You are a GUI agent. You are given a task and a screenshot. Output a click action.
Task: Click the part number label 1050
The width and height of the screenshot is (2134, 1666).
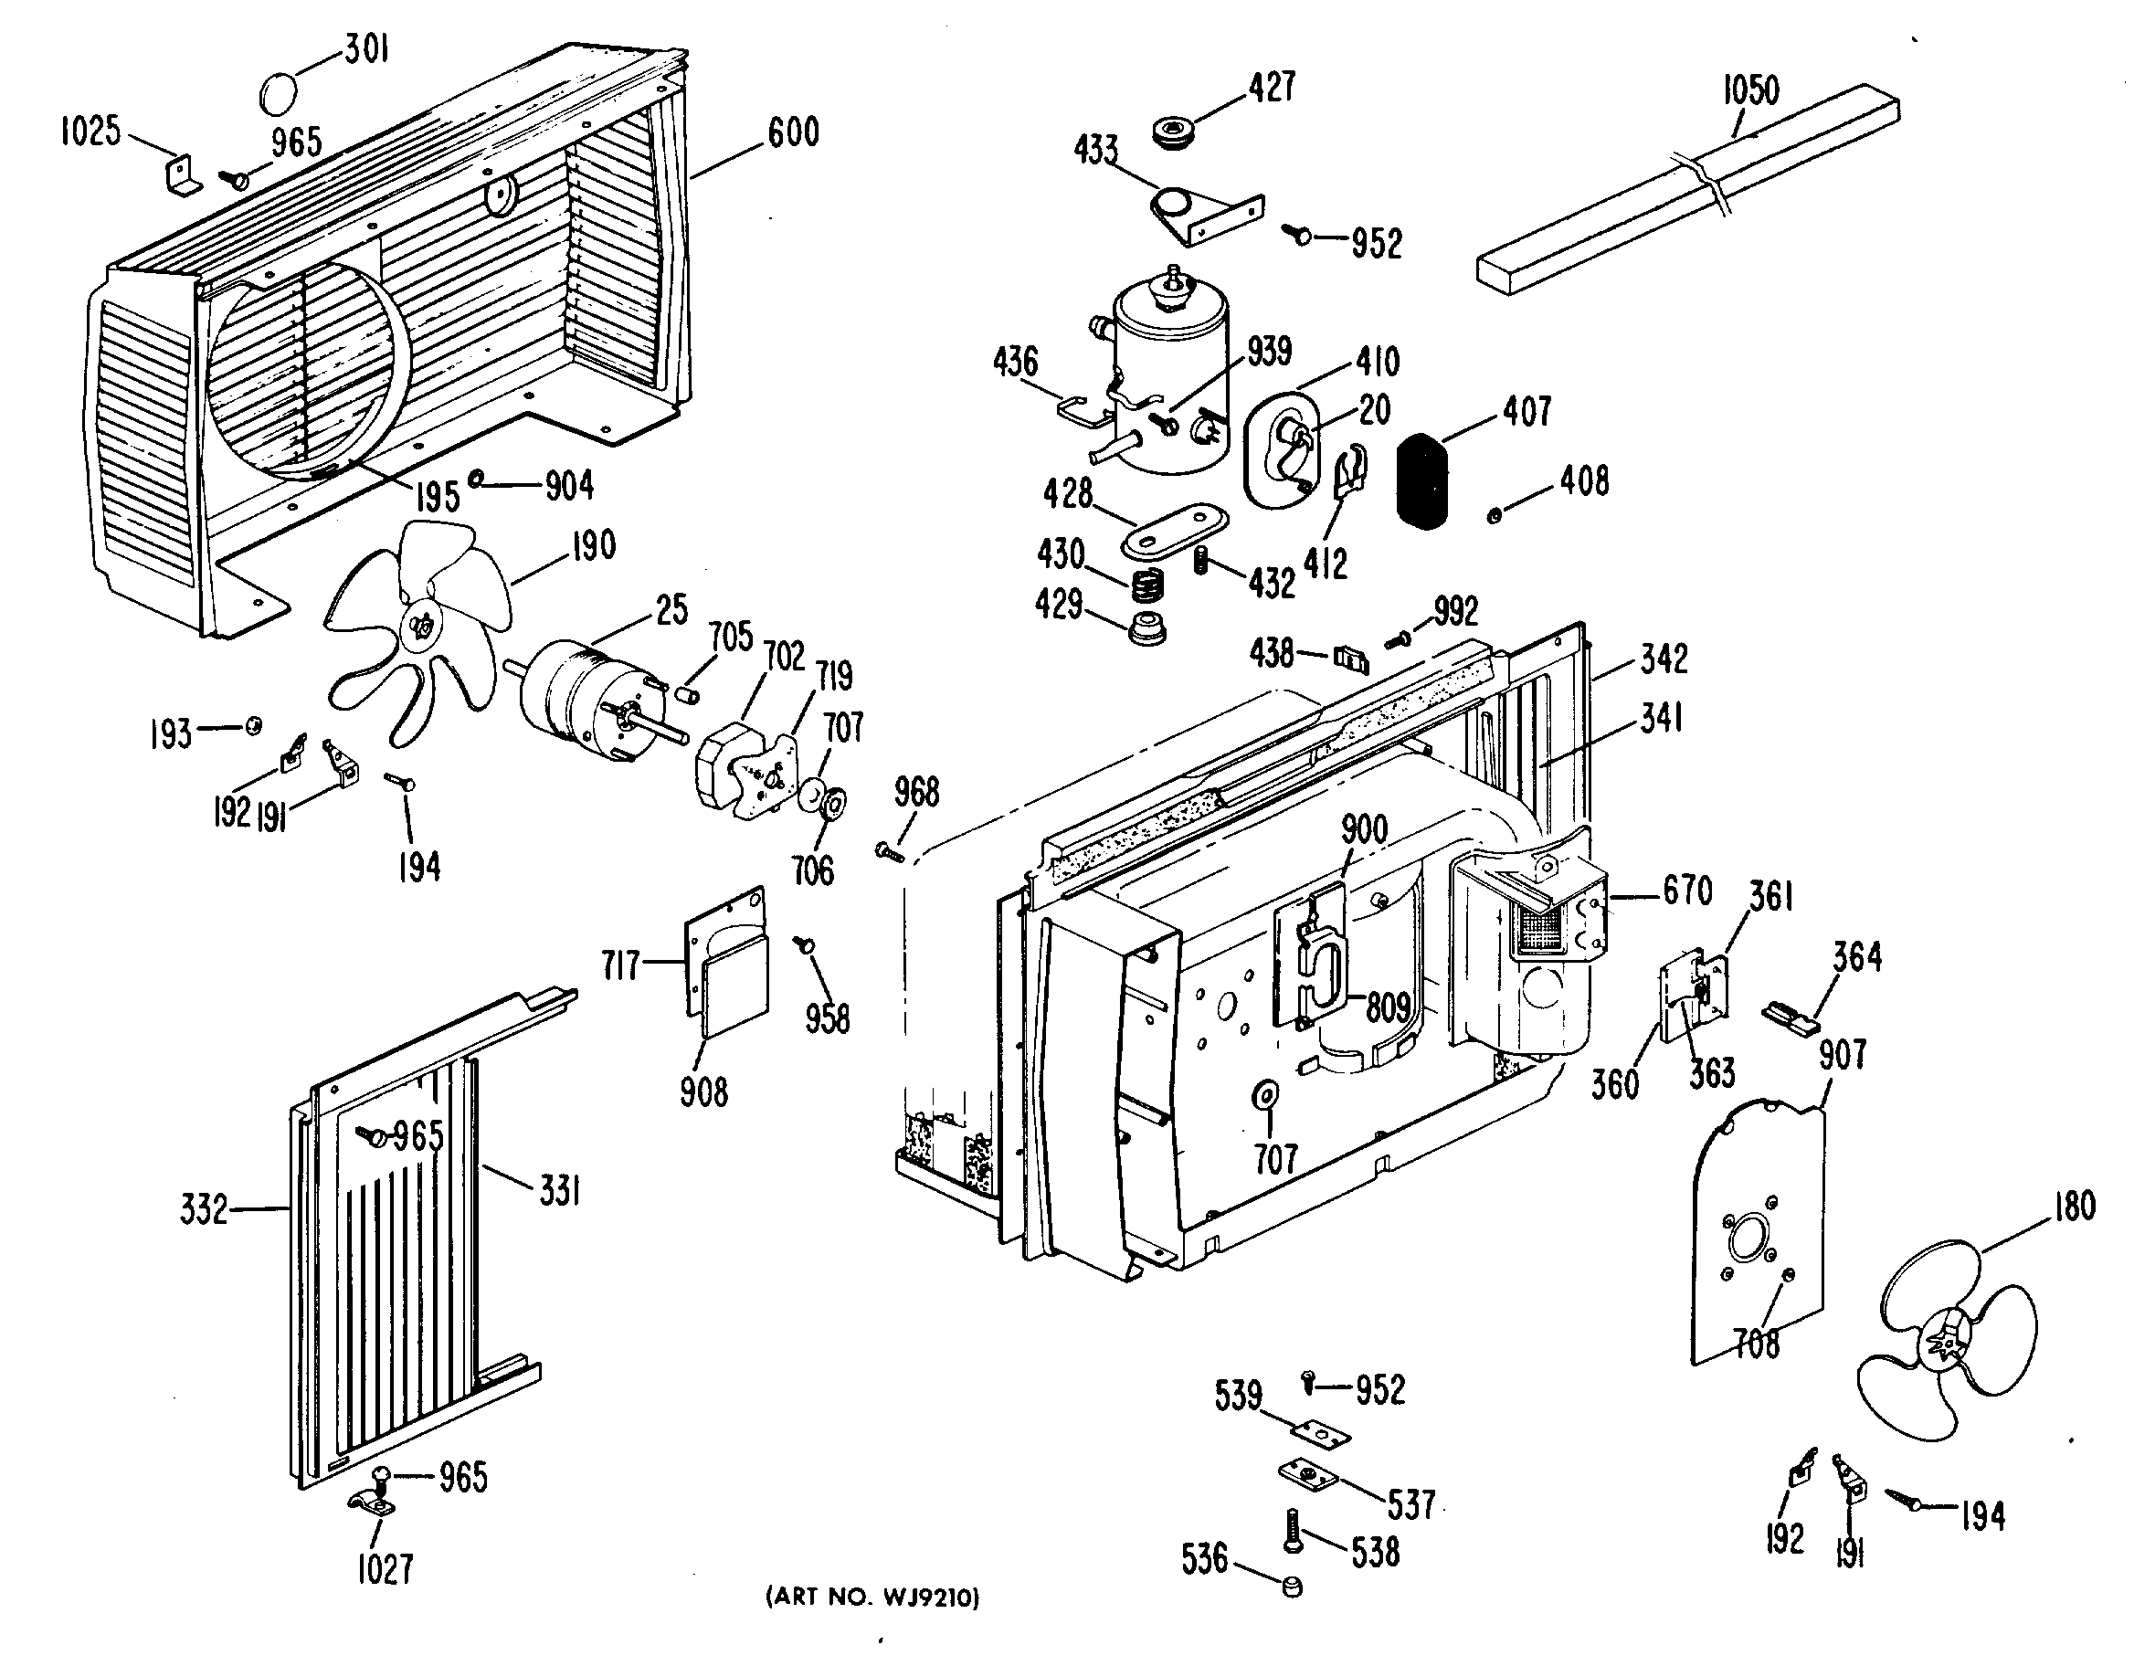tap(1750, 90)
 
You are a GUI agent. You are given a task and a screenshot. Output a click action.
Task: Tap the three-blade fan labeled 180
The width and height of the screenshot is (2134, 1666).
tap(1946, 1344)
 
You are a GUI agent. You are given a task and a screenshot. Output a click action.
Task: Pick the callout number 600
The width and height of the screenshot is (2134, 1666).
tap(792, 132)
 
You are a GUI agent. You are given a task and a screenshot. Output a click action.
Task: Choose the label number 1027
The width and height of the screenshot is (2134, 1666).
tap(384, 1570)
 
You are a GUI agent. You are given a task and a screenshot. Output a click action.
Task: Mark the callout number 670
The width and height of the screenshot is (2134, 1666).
tap(1687, 891)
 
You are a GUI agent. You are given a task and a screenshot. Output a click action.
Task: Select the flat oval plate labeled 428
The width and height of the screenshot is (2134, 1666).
tap(1176, 529)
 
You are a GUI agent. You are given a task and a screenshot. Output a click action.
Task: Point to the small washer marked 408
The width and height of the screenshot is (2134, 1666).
tap(1494, 515)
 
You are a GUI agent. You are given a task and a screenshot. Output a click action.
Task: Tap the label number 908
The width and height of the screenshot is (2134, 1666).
tap(703, 1092)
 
